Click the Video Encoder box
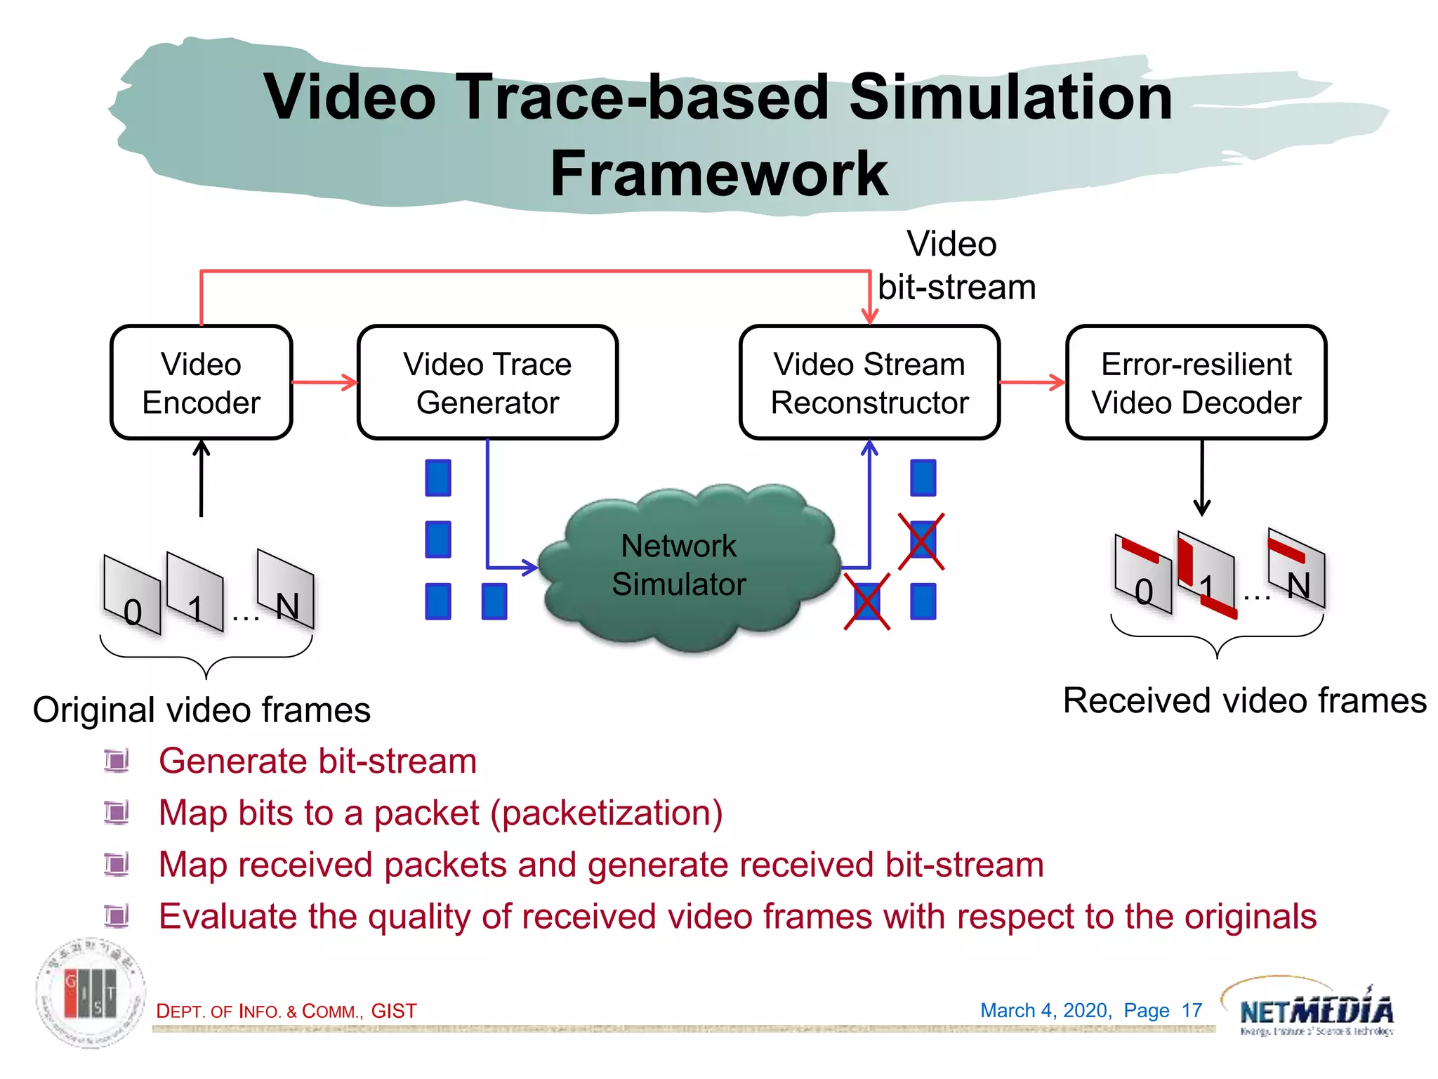[201, 383]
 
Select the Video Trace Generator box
[487, 383]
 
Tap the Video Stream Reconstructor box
[869, 383]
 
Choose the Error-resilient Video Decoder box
[1196, 383]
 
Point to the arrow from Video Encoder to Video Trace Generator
[324, 383]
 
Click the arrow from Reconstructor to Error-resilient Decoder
[1032, 383]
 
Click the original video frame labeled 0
[132, 596]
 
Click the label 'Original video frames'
[202, 709]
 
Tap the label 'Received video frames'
[1244, 700]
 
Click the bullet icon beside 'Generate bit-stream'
[117, 761]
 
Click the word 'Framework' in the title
[718, 174]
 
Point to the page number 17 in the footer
[1192, 1010]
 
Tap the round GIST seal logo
[91, 993]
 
